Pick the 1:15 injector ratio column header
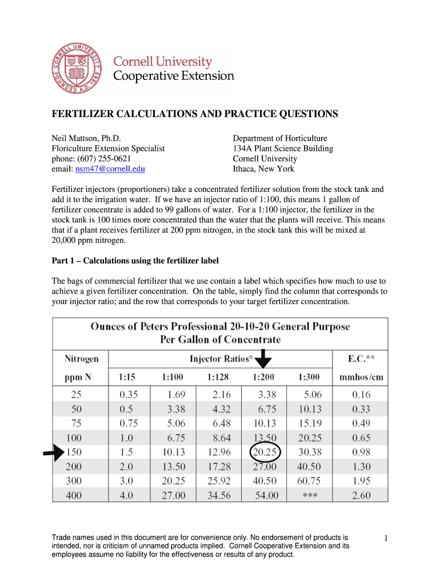tap(127, 377)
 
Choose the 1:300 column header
tap(309, 377)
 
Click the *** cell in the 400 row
tap(309, 496)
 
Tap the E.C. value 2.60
tap(361, 496)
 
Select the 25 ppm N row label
tap(76, 394)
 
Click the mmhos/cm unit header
tap(361, 377)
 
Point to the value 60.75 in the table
tap(309, 481)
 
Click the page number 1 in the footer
tap(386, 538)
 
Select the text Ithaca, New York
tap(263, 169)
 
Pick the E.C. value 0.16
tap(361, 394)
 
